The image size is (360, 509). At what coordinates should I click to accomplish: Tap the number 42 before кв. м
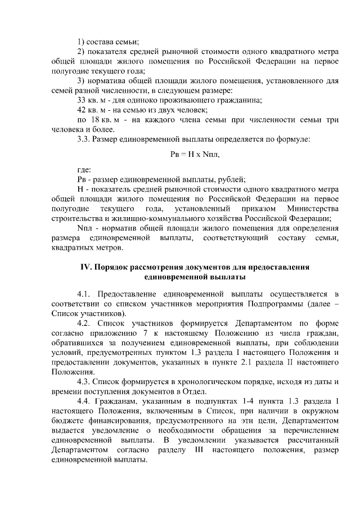pyautogui.click(x=81, y=110)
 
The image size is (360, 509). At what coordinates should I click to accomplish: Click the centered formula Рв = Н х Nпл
pyautogui.click(x=179, y=154)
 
